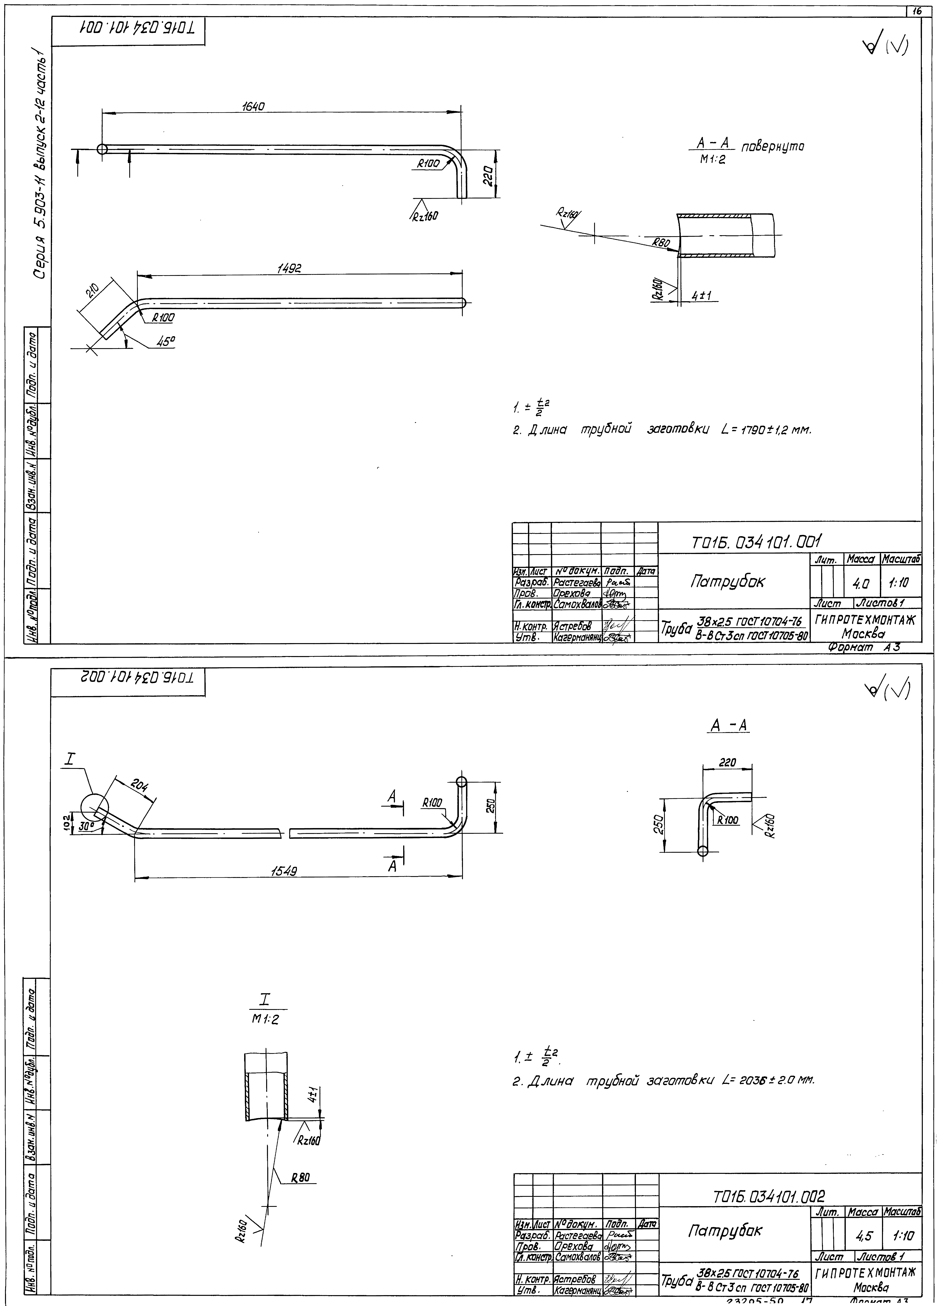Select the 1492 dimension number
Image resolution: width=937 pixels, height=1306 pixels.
coord(289,268)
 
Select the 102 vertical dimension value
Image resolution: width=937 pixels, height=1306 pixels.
coord(67,819)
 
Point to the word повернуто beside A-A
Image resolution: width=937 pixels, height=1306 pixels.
coord(772,147)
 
